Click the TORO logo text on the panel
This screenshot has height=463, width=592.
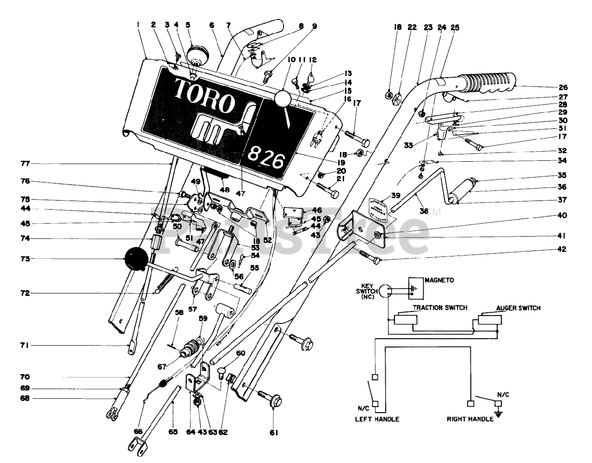pyautogui.click(x=205, y=95)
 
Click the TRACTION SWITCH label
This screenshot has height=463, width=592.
pyautogui.click(x=440, y=307)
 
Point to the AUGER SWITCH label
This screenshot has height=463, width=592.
pyautogui.click(x=518, y=308)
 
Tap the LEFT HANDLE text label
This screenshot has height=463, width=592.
pyautogui.click(x=377, y=419)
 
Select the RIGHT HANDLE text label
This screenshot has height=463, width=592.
pyautogui.click(x=470, y=419)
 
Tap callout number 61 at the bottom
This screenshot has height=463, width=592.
pyautogui.click(x=274, y=433)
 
